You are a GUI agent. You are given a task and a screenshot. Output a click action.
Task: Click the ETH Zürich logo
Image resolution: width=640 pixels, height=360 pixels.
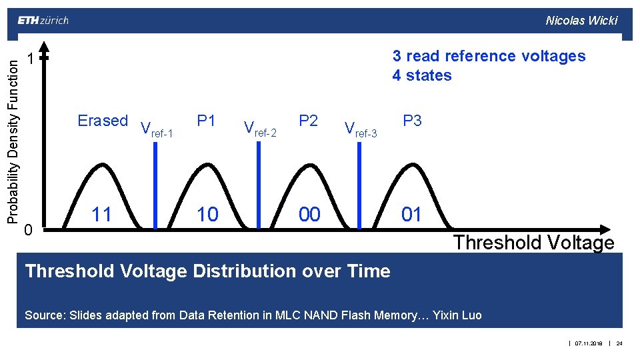[x=43, y=20]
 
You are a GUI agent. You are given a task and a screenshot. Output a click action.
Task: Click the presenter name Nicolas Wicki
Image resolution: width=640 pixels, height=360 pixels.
[x=581, y=20]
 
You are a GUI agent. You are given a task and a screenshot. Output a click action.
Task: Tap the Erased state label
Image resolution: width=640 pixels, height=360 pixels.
[x=103, y=121]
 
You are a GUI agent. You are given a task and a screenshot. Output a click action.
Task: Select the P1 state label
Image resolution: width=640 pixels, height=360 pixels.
[x=206, y=121]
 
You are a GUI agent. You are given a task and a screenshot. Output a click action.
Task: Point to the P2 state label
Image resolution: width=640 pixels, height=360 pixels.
[x=308, y=121]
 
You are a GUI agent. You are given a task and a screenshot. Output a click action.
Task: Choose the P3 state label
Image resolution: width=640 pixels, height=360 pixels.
[x=412, y=121]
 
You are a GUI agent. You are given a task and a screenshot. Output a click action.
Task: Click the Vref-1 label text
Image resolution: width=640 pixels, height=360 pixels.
[x=157, y=129]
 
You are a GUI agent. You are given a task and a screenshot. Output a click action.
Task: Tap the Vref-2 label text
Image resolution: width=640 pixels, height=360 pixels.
[x=260, y=128]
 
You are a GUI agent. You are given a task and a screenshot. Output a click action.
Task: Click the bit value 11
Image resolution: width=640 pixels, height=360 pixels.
[x=101, y=214]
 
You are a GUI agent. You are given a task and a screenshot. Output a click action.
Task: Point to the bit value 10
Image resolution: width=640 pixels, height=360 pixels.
[x=207, y=214]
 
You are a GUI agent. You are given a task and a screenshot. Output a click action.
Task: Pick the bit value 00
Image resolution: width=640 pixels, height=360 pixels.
[x=309, y=214]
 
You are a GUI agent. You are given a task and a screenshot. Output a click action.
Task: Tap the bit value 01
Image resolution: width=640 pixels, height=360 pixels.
[x=411, y=214]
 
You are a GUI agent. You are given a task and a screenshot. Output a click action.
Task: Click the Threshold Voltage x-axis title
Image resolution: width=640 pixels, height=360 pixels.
[x=533, y=243]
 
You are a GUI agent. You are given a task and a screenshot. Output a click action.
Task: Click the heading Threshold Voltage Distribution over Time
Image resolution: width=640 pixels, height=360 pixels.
[x=207, y=271]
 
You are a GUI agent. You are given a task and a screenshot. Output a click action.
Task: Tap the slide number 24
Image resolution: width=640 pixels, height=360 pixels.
[x=619, y=343]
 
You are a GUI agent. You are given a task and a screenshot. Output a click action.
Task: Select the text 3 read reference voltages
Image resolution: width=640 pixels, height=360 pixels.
[x=489, y=56]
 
